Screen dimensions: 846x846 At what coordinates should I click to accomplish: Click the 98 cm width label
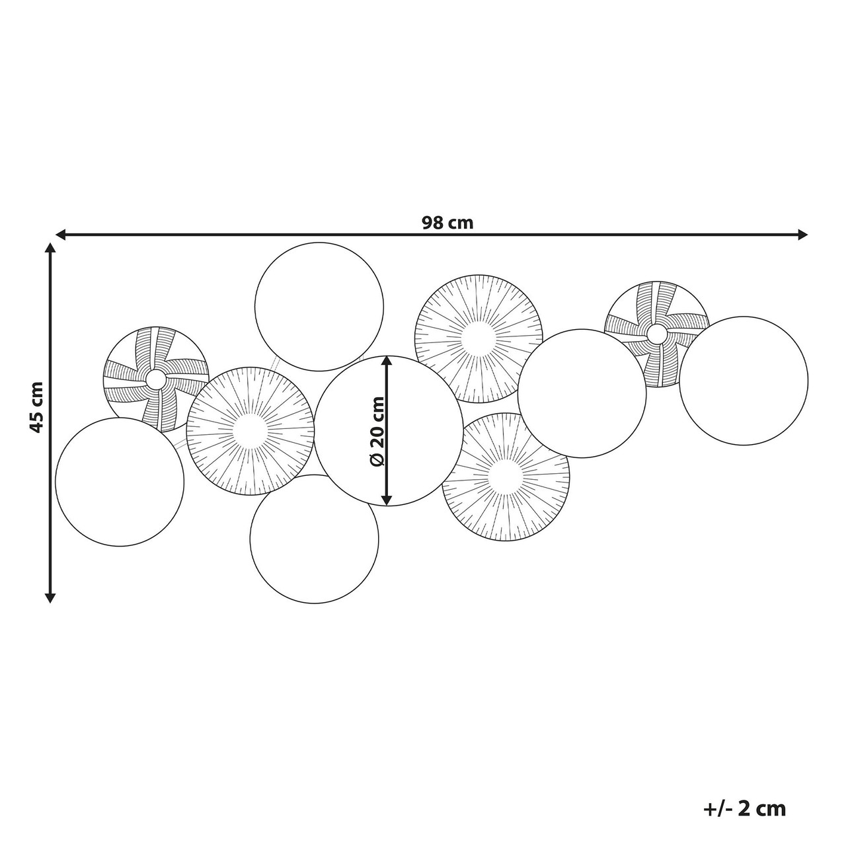click(x=447, y=223)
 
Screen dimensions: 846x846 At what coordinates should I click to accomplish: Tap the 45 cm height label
click(x=38, y=407)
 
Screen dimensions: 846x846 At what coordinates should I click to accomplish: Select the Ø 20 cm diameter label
click(x=377, y=431)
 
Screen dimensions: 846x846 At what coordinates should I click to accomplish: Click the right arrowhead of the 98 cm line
click(x=802, y=235)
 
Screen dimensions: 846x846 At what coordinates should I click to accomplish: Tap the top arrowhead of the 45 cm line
click(x=51, y=249)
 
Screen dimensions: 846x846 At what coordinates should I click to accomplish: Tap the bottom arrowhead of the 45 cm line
click(x=51, y=597)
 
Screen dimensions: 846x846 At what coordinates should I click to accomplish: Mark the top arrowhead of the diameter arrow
click(x=387, y=362)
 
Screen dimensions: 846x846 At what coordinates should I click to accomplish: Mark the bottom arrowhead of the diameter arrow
click(x=387, y=500)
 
